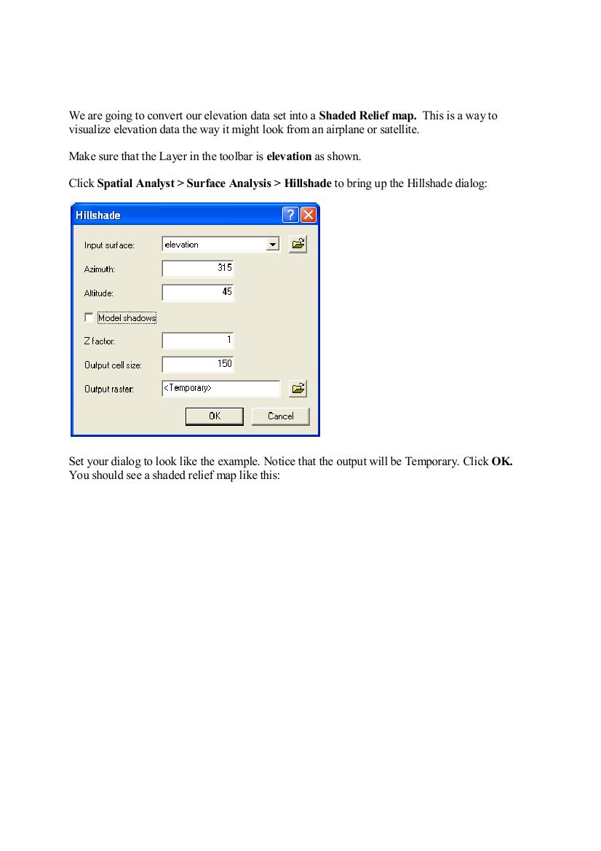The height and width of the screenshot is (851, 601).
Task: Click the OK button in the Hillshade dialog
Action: coord(214,416)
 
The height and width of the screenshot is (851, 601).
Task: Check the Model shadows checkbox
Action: coord(89,317)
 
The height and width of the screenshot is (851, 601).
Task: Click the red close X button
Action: coord(309,215)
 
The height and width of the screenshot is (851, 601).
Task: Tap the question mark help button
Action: coord(290,215)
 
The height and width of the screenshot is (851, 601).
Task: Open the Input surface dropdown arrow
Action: coord(273,245)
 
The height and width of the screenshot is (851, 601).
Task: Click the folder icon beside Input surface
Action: coord(298,245)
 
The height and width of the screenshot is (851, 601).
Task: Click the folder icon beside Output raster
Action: coord(298,389)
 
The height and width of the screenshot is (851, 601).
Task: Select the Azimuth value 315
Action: coord(224,268)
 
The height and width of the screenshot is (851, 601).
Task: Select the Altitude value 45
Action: coord(227,292)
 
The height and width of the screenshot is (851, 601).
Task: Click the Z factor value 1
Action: coord(229,340)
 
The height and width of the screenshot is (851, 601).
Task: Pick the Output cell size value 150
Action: coord(224,364)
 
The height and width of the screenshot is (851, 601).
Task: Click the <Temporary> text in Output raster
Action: coord(188,389)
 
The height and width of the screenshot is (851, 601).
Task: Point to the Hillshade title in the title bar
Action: coord(98,215)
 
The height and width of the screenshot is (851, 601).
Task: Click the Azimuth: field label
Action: coord(100,269)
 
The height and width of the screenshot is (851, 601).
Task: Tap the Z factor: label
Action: coord(100,341)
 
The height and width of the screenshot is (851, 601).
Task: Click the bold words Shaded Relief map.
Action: coord(367,116)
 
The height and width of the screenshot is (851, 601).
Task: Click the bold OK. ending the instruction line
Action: coord(502,462)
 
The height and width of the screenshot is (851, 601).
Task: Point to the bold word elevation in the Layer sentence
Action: coord(289,157)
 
